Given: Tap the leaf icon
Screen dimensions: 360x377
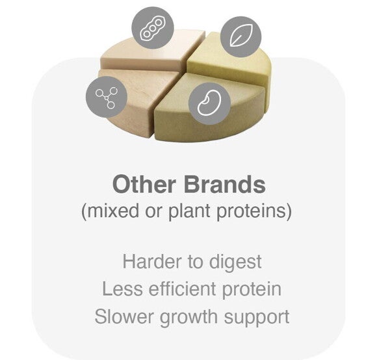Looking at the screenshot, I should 240,34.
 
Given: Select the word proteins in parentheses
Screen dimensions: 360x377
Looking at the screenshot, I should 255,212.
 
